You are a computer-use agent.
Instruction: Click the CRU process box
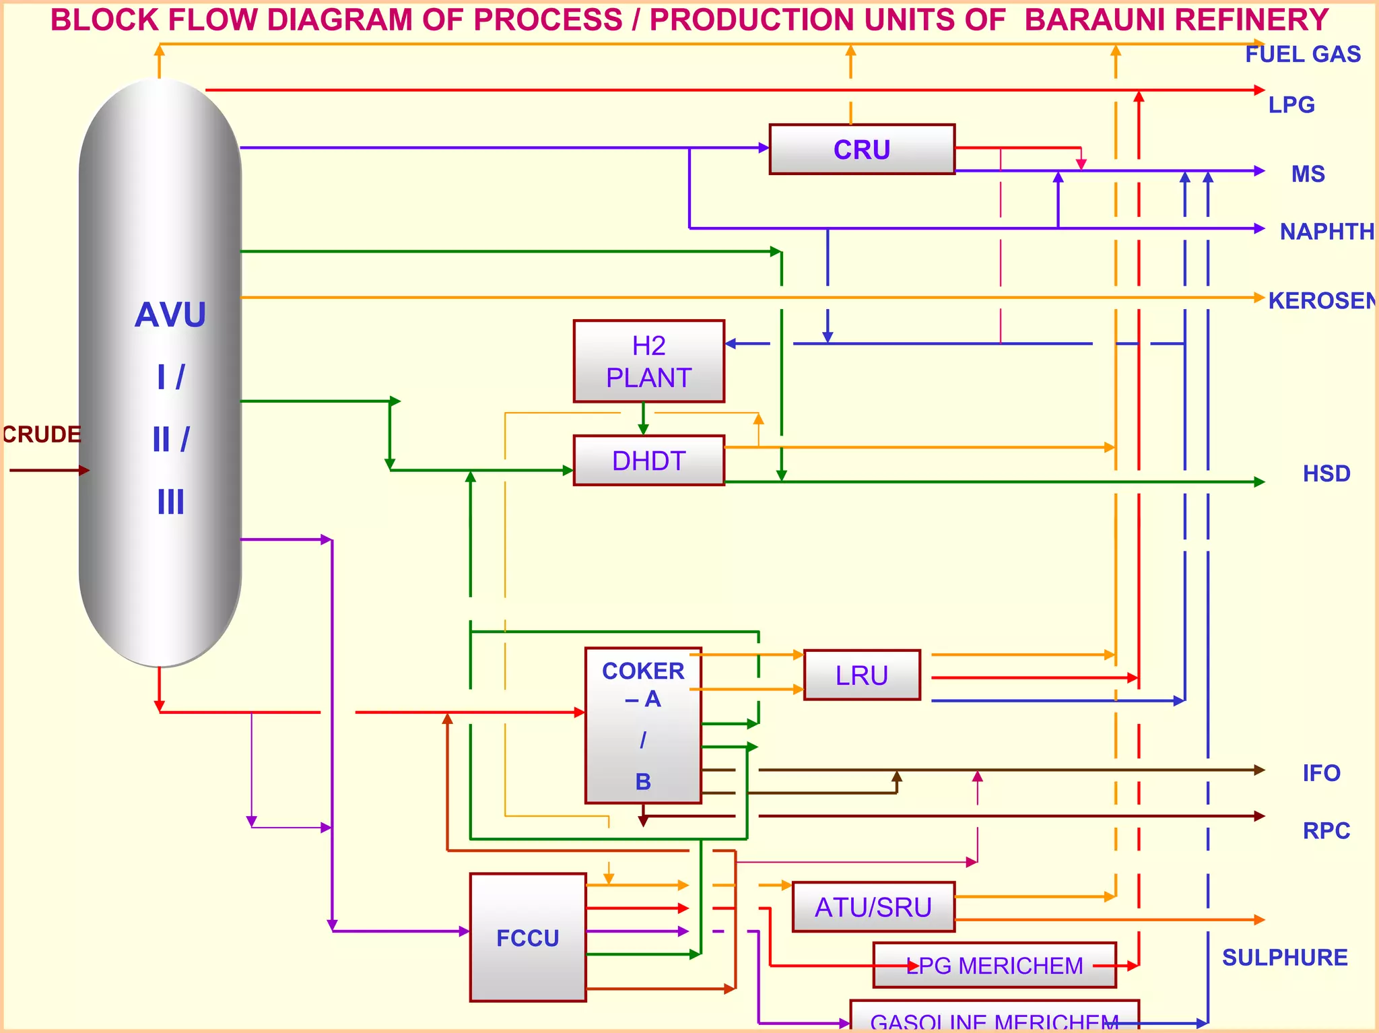[862, 149]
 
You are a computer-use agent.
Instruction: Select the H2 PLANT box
[648, 362]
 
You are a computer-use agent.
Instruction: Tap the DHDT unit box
[648, 461]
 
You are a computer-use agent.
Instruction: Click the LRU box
[862, 675]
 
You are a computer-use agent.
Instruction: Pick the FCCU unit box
[528, 937]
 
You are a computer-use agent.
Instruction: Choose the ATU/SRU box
[873, 907]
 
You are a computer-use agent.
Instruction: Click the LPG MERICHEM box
[995, 966]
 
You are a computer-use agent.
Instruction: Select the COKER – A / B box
[643, 726]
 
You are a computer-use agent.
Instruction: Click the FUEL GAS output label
[1302, 54]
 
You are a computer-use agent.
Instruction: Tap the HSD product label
[1326, 473]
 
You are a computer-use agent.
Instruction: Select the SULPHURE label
[1284, 957]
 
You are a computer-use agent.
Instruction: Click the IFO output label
[1321, 773]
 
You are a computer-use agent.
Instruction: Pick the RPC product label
[1326, 830]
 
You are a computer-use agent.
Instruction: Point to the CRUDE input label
[42, 434]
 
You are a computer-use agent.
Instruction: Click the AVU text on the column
[170, 314]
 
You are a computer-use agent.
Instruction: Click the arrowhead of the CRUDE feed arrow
[84, 470]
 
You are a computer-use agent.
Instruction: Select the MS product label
[1308, 174]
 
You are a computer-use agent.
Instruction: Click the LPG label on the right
[1291, 104]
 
